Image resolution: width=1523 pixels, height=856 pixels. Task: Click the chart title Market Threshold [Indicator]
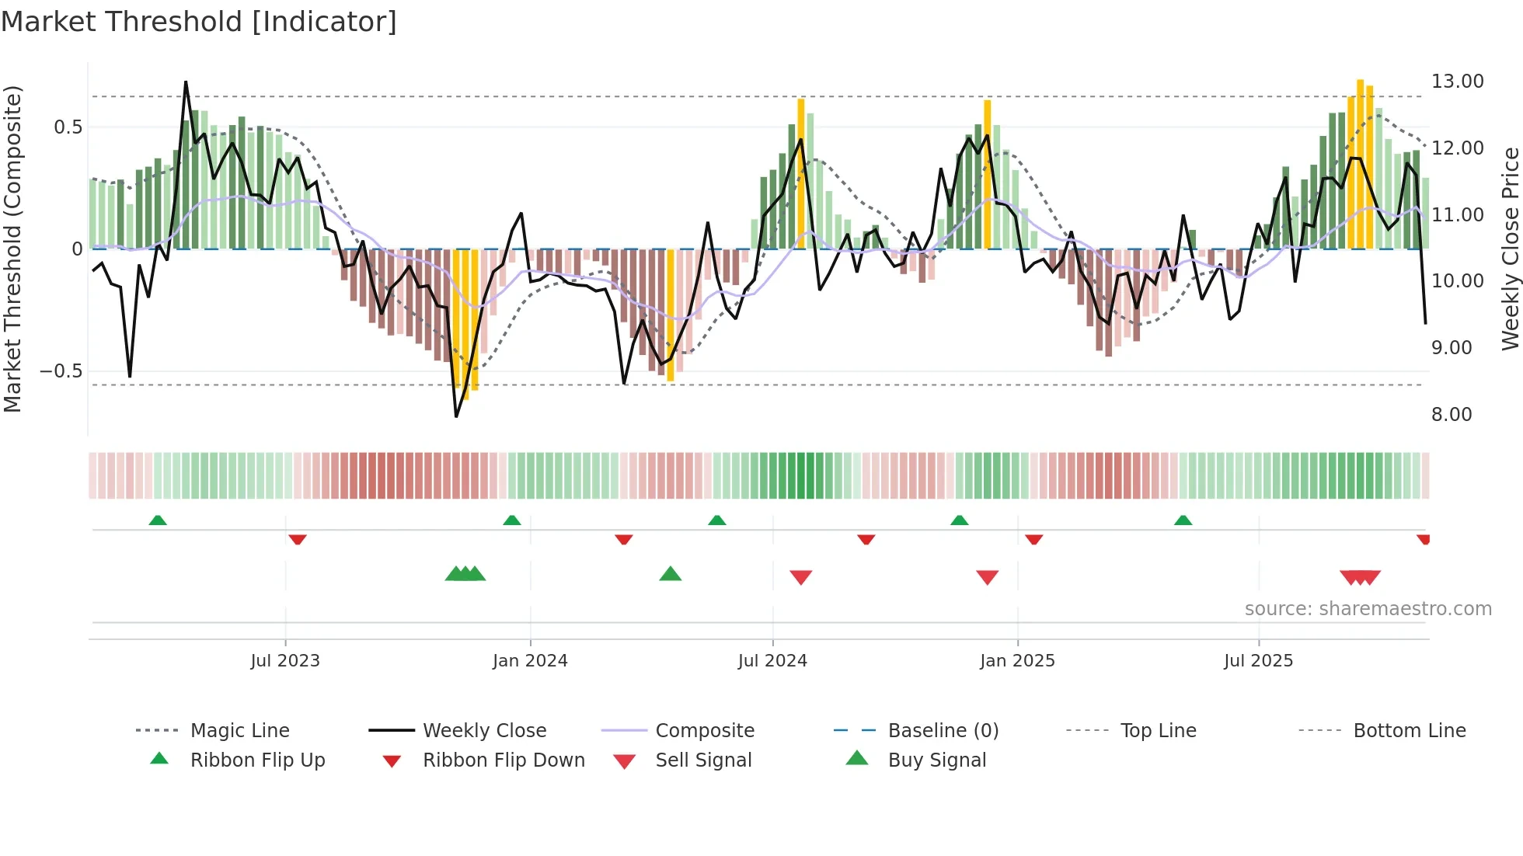[x=199, y=22]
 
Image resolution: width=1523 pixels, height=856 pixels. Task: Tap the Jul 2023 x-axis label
[x=285, y=661]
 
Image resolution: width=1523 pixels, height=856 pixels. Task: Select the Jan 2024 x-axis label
[x=530, y=661]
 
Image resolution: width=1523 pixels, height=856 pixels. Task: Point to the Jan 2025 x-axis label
[x=1017, y=661]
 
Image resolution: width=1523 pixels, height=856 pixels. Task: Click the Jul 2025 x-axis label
[x=1258, y=661]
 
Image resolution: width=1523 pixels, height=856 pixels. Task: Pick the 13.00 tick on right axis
[x=1457, y=82]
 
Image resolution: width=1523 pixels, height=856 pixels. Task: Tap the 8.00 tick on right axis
[x=1452, y=415]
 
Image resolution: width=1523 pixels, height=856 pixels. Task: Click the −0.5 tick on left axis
[x=61, y=371]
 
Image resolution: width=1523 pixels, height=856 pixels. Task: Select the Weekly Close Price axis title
[x=1510, y=249]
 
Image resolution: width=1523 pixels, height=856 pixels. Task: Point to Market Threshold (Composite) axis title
[x=12, y=249]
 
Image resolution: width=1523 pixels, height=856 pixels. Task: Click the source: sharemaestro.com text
[x=1368, y=609]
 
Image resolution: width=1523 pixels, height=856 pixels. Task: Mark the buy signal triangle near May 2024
[x=670, y=575]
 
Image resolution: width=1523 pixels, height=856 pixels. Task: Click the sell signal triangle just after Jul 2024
[x=800, y=577]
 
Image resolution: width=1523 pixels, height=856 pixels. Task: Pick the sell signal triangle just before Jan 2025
[x=987, y=577]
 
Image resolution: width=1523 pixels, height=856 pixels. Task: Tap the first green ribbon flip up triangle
[x=158, y=520]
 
